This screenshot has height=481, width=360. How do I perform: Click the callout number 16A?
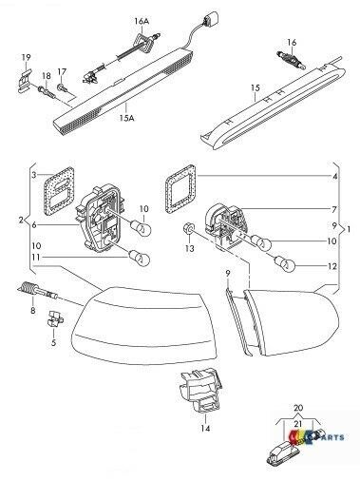click(x=142, y=20)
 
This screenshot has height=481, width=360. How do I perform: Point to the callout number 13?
click(x=189, y=248)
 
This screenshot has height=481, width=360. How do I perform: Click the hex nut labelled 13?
click(x=189, y=229)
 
